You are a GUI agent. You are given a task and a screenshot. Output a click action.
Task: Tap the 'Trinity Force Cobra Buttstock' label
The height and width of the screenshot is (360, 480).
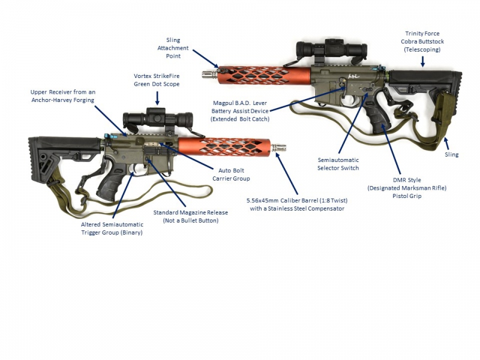tap(422, 41)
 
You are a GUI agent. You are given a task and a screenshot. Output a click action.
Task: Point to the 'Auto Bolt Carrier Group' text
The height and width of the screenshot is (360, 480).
tap(230, 174)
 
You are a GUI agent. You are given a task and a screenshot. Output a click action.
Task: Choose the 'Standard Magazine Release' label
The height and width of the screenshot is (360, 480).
tap(190, 217)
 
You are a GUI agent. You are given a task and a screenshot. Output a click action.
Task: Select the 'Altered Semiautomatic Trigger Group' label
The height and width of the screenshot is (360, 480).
tap(112, 229)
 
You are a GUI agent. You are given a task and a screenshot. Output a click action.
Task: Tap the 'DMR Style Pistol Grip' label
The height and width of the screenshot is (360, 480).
tap(407, 188)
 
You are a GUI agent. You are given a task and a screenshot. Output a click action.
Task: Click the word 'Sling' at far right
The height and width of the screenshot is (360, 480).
tap(451, 155)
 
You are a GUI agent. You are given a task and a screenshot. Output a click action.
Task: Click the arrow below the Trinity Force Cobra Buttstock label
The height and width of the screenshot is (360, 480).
tap(422, 60)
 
